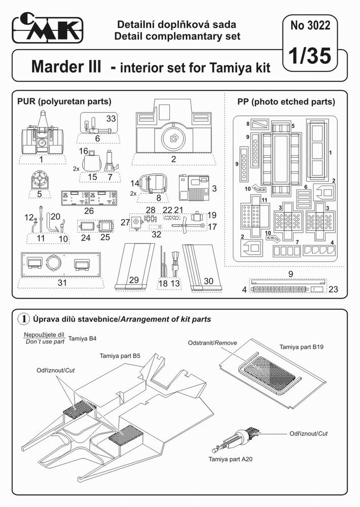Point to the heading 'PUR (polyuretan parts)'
(x=64, y=101)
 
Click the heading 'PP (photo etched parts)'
(x=286, y=101)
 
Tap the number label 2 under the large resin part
(x=173, y=159)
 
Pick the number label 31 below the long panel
(x=62, y=282)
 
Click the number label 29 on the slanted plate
(x=133, y=280)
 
